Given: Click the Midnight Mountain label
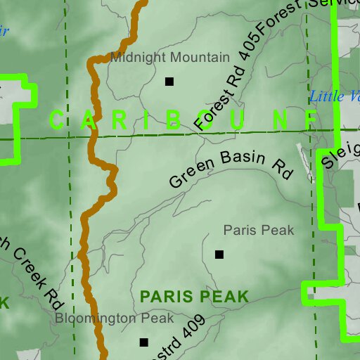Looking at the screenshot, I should click(x=169, y=57).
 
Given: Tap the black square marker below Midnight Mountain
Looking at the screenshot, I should click(x=169, y=82).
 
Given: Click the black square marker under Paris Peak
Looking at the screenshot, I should click(x=219, y=255).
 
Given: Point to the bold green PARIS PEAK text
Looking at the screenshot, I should click(x=195, y=297).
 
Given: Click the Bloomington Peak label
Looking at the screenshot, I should click(x=115, y=319).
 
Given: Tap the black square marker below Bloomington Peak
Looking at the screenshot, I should click(x=144, y=342).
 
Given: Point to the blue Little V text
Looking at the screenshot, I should click(x=335, y=96).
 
